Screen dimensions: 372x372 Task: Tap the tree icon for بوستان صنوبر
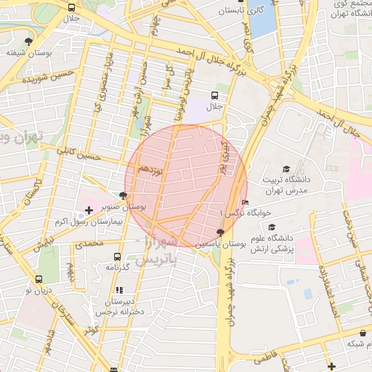pos(123,195)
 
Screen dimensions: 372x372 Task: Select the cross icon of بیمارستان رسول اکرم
pos(89,211)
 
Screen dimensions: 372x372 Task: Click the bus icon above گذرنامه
pos(117,256)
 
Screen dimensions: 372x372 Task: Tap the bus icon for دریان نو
pos(39,279)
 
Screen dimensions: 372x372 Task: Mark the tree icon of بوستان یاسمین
pos(220,232)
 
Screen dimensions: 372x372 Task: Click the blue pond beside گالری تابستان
pos(262,20)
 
